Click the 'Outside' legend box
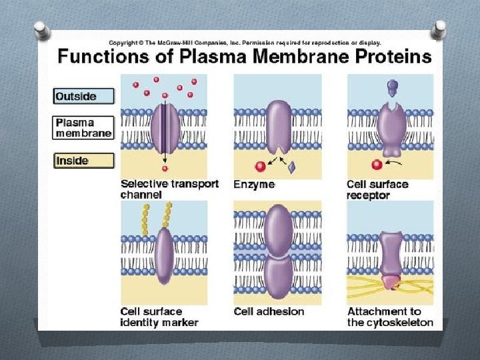(x=83, y=96)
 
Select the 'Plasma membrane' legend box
(x=83, y=128)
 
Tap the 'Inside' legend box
(x=83, y=161)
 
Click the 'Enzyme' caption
(x=254, y=184)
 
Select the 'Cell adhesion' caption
(x=269, y=311)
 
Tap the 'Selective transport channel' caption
(x=169, y=189)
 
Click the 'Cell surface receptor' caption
(x=377, y=189)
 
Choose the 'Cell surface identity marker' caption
(x=159, y=317)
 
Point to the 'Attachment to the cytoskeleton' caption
(x=390, y=317)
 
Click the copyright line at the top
(x=245, y=43)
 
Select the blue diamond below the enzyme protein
(x=291, y=167)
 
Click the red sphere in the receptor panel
(x=376, y=164)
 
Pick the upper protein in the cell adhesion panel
(x=278, y=230)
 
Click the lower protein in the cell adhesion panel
(x=278, y=279)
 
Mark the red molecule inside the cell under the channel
(x=165, y=169)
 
